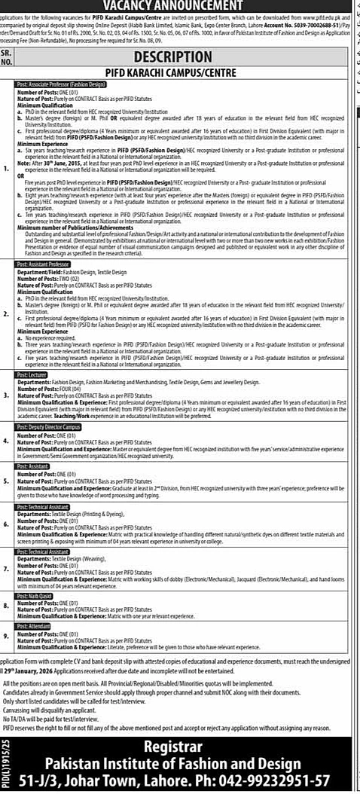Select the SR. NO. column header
coord(7,58)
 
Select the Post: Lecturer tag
coord(33,374)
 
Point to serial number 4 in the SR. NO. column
coord(7,442)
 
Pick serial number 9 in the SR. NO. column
coord(7,637)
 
